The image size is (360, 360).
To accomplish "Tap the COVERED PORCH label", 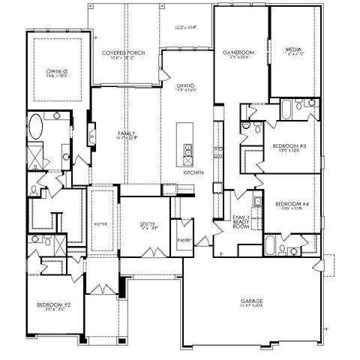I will coord(123,53).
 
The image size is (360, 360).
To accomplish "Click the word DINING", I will coord(186,85).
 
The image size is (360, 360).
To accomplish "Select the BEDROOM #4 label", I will coord(289,204).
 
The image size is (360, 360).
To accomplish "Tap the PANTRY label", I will coord(184,240).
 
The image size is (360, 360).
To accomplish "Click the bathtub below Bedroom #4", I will coord(271,245).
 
